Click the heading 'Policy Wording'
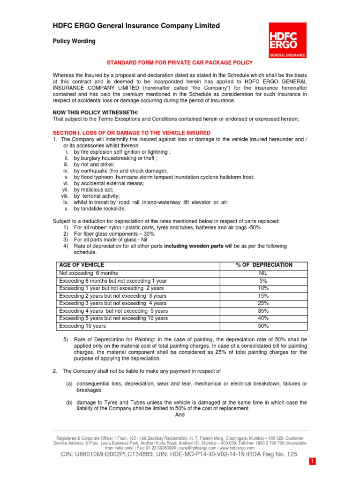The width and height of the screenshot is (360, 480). pos(73,41)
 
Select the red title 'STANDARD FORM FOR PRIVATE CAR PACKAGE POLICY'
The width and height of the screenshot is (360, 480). pos(180,62)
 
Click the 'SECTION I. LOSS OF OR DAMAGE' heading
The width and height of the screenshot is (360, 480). pos(131,133)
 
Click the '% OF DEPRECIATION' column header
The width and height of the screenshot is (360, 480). pos(264,265)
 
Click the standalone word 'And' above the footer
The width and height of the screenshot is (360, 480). pos(180,414)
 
